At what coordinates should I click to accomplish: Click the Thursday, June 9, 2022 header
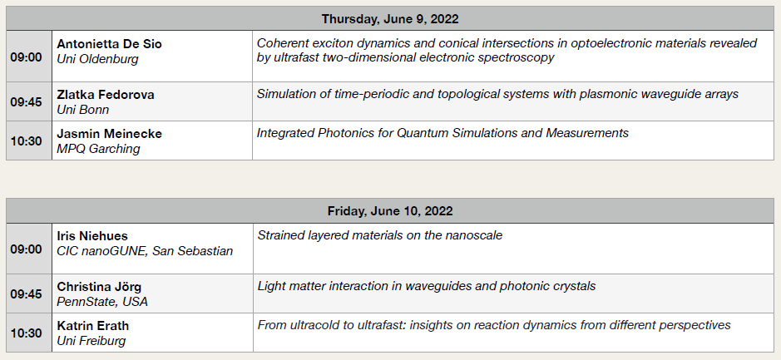(x=390, y=19)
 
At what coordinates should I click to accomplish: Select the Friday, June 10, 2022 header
(x=390, y=211)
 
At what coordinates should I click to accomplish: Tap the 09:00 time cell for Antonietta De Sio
(x=26, y=57)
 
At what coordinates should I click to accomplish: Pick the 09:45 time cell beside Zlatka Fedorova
(x=26, y=101)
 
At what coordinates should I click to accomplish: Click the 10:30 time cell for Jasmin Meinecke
(x=26, y=141)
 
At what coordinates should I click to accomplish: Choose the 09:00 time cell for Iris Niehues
(x=26, y=249)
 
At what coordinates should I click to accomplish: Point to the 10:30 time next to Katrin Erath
(x=26, y=333)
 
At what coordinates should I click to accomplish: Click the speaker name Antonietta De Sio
(x=109, y=44)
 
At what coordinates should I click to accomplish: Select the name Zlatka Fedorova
(x=106, y=95)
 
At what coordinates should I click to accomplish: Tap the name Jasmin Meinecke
(x=109, y=134)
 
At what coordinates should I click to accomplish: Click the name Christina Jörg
(x=99, y=287)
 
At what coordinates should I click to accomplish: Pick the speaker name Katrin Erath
(x=92, y=326)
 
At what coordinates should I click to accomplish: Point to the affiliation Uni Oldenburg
(x=97, y=59)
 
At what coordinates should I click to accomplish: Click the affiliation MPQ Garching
(x=99, y=149)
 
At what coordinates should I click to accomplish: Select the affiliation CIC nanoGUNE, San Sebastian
(x=145, y=251)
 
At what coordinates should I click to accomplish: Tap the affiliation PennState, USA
(x=102, y=302)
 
